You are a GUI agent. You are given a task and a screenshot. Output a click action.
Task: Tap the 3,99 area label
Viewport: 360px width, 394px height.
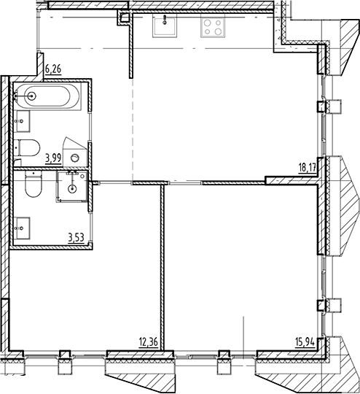tap(53, 156)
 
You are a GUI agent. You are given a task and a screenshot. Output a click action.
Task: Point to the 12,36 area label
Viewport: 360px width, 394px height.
tap(149, 340)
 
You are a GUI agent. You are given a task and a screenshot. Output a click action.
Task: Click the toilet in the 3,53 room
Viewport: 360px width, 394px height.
tap(32, 188)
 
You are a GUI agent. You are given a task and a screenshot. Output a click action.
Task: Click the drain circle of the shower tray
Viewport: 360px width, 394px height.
tap(72, 188)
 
